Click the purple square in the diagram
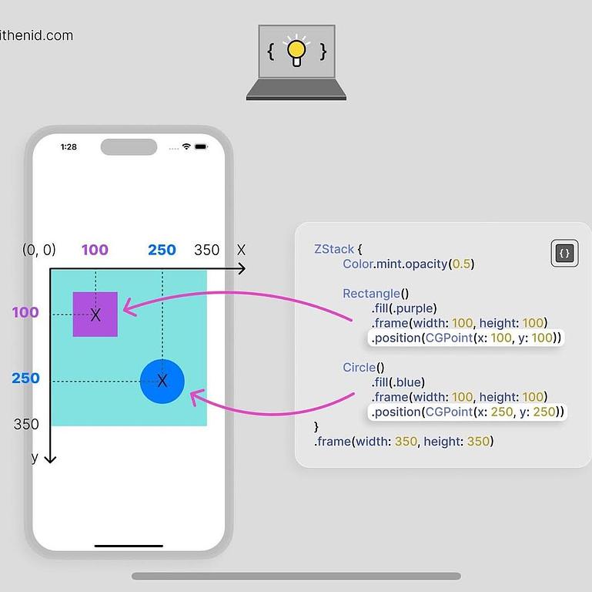pyautogui.click(x=95, y=314)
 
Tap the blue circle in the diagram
pyautogui.click(x=162, y=381)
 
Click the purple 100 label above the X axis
pyautogui.click(x=95, y=250)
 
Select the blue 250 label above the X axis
pyautogui.click(x=162, y=250)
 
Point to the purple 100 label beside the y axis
pyautogui.click(x=25, y=312)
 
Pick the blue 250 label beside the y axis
pyautogui.click(x=25, y=378)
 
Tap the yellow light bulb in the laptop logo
pyautogui.click(x=296, y=51)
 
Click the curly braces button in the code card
pyautogui.click(x=564, y=253)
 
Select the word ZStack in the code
pyautogui.click(x=334, y=249)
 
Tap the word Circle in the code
pyautogui.click(x=360, y=368)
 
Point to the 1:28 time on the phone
pyautogui.click(x=69, y=146)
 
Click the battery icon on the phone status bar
pyautogui.click(x=201, y=146)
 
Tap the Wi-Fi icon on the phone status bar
pyautogui.click(x=186, y=146)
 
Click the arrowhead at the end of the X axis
pyautogui.click(x=242, y=268)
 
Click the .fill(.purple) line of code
pyautogui.click(x=404, y=308)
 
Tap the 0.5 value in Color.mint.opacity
pyautogui.click(x=461, y=264)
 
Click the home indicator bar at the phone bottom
pyautogui.click(x=129, y=546)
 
